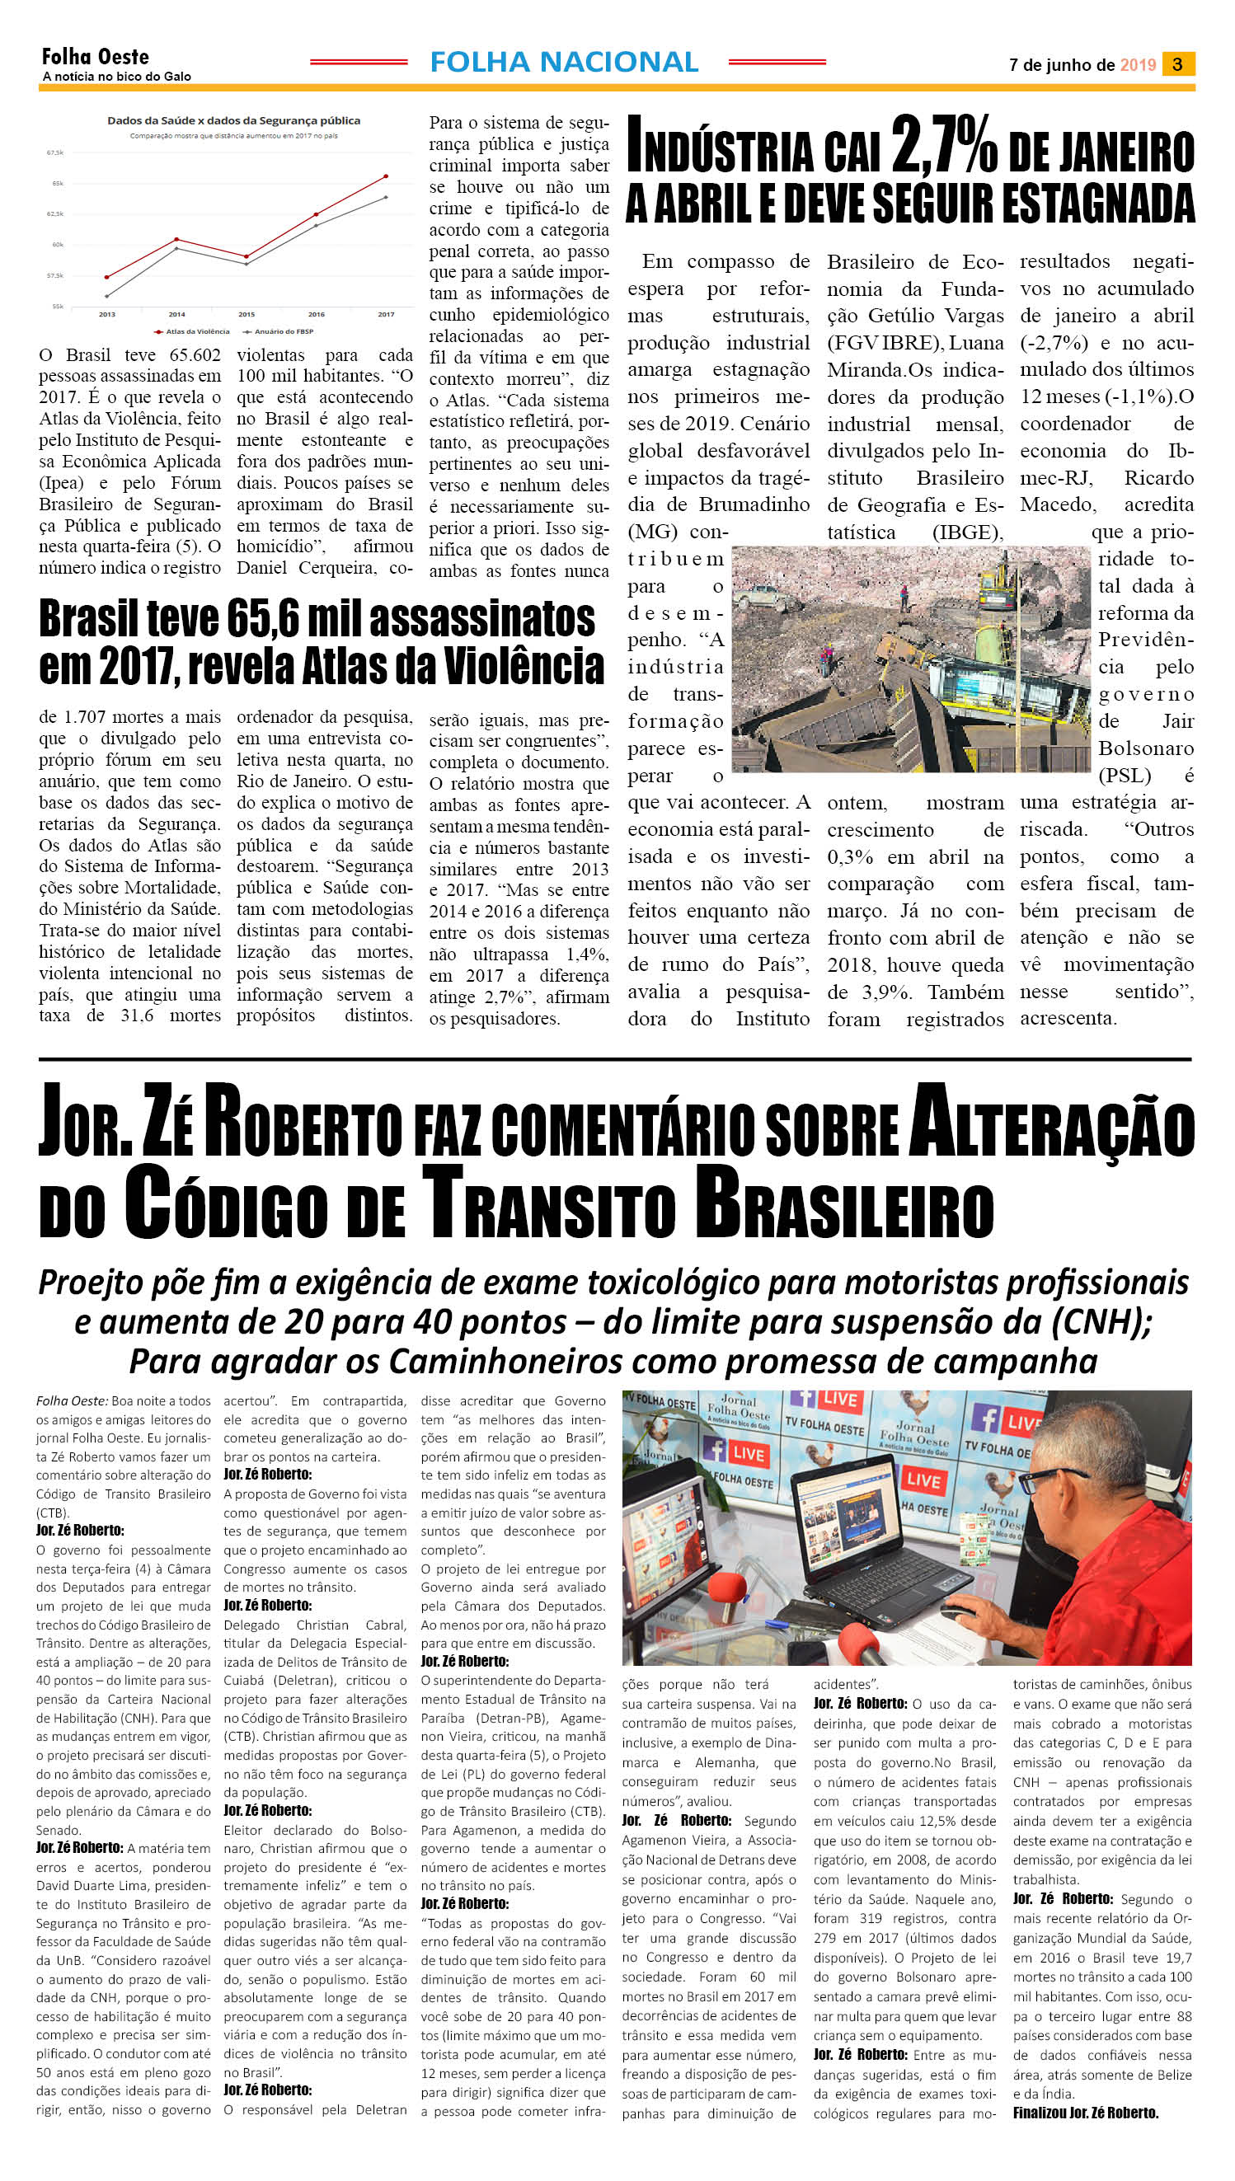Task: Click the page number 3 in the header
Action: click(1177, 63)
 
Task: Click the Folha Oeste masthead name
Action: click(95, 57)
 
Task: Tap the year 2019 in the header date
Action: click(1138, 64)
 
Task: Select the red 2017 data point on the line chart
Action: click(386, 176)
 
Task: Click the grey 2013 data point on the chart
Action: click(107, 296)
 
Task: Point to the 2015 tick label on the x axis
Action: click(246, 315)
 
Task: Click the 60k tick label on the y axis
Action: click(57, 244)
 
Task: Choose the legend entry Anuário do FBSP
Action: click(284, 331)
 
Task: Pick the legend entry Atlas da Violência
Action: click(197, 331)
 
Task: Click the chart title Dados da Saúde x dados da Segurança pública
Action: click(233, 120)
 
